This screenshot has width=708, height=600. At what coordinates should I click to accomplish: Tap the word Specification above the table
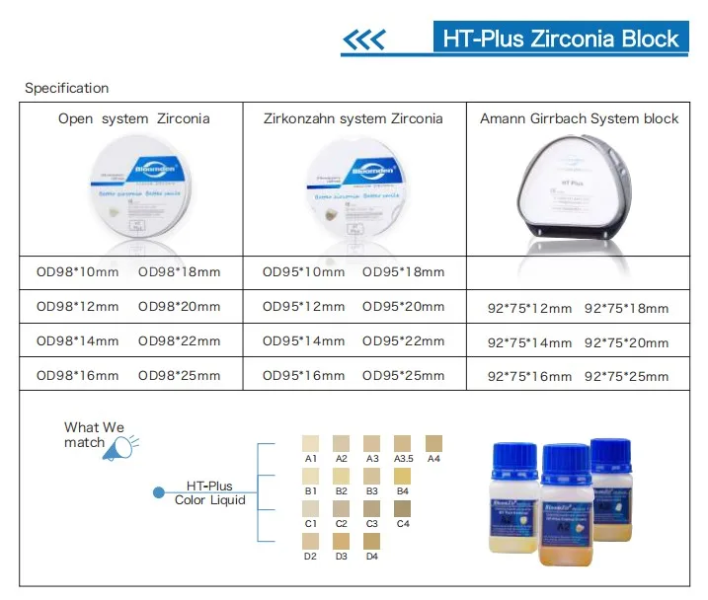66,89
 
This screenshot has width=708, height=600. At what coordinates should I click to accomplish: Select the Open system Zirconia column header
133,118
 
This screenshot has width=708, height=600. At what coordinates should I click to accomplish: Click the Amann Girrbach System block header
580,118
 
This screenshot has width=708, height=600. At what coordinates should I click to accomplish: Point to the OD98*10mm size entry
77,271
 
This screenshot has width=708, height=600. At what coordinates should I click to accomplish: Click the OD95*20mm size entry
403,307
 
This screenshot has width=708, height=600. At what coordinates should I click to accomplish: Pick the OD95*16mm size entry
303,375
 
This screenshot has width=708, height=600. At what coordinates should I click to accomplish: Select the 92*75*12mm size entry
530,308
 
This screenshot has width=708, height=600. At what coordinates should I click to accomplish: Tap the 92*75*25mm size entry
627,376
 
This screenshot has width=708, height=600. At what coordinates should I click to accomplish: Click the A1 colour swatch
310,444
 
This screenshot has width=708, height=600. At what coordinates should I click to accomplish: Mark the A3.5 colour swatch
403,444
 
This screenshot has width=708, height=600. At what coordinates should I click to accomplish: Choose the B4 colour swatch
403,476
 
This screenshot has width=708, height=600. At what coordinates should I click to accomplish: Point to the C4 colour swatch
403,508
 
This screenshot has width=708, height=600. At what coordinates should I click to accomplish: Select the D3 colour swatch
342,541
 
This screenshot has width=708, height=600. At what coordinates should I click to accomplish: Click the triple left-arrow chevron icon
362,40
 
